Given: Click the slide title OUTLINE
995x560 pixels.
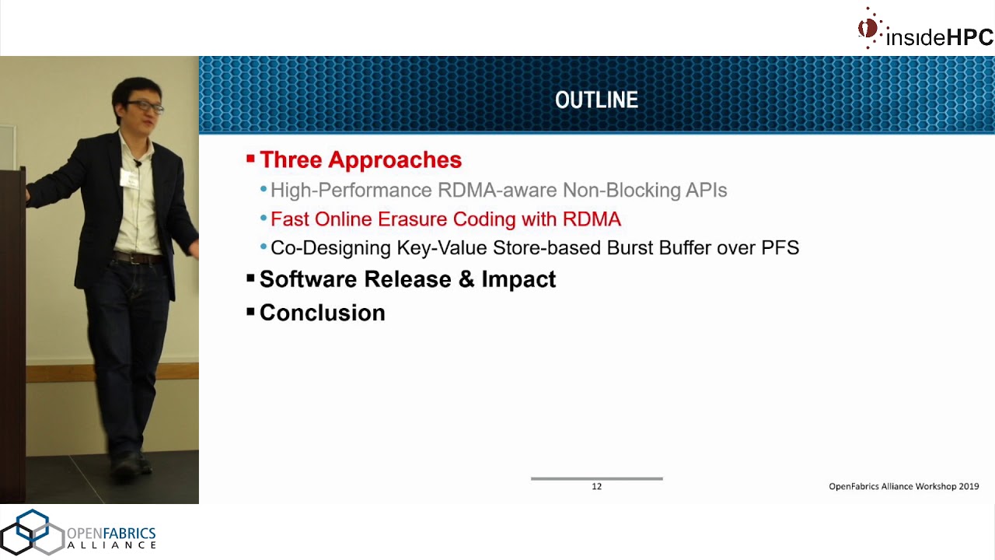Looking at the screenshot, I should [x=596, y=100].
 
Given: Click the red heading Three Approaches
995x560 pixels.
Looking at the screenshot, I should [x=360, y=160].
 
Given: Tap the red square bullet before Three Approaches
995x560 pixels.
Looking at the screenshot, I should [x=250, y=159].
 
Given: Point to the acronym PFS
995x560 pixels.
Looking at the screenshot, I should [x=780, y=248].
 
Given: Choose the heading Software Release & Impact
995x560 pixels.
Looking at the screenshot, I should [x=407, y=279].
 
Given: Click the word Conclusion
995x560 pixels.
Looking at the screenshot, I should [x=322, y=313].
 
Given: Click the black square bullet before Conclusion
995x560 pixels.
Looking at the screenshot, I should [x=250, y=312].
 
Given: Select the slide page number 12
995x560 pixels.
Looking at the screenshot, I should [x=596, y=486].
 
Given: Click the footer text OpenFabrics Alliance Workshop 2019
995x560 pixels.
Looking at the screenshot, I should [x=903, y=486].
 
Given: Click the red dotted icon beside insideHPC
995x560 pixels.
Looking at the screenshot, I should [x=868, y=29].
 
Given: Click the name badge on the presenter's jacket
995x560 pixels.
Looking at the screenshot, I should [x=127, y=178].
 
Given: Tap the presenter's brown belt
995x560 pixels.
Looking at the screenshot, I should [x=137, y=258].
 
